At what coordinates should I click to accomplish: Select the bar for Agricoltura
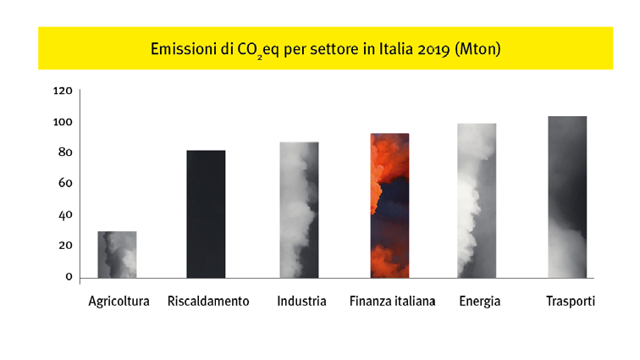[117, 254]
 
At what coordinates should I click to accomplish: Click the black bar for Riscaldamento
[206, 213]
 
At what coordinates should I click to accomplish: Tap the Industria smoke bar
[299, 209]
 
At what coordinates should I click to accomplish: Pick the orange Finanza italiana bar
[389, 205]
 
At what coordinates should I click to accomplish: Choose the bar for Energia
[477, 200]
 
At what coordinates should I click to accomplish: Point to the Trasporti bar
[566, 197]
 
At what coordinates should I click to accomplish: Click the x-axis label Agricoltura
[119, 302]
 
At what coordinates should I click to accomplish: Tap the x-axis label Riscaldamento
[208, 302]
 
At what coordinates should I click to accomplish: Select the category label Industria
[301, 302]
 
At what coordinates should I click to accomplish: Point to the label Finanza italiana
[392, 302]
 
